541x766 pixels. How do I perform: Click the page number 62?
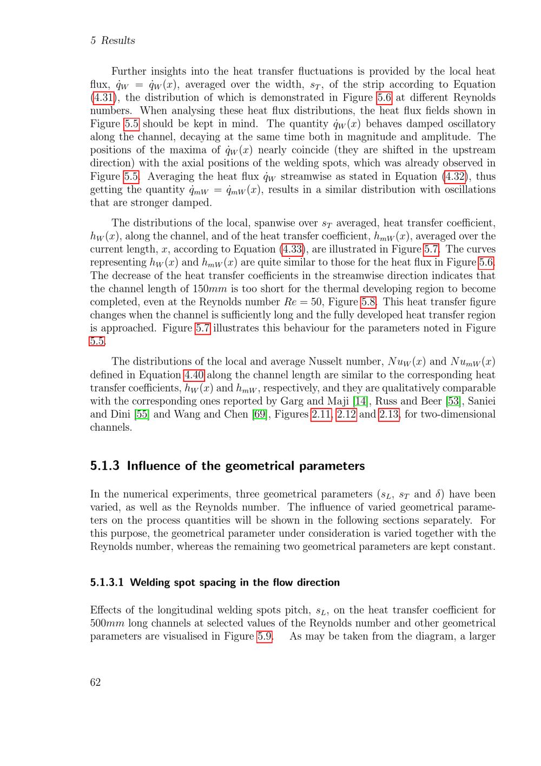point(95,682)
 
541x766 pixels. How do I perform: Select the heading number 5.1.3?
point(104,466)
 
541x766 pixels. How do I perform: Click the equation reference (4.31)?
point(102,98)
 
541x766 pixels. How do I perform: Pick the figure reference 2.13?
point(389,414)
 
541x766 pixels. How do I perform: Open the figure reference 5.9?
point(265,636)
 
